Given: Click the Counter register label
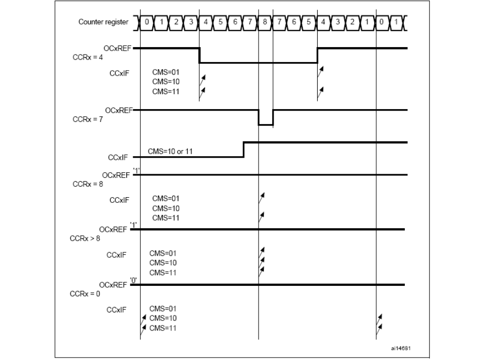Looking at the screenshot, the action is click(x=103, y=22).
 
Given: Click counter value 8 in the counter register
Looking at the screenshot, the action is click(x=265, y=22).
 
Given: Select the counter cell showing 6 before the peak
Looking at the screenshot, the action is click(x=235, y=22).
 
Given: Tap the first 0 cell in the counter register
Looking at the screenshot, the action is click(x=147, y=22).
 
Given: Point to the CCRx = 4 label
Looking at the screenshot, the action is click(x=88, y=57).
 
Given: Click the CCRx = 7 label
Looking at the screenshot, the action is click(x=88, y=119).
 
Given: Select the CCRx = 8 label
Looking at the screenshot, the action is click(x=88, y=184).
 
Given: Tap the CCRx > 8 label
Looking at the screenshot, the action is click(x=85, y=238).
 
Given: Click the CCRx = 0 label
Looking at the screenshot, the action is click(x=85, y=294).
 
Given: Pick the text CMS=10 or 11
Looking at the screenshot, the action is click(x=170, y=151).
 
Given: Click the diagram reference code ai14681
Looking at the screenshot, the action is click(x=400, y=348).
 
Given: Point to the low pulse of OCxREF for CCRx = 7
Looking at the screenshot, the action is click(x=266, y=125).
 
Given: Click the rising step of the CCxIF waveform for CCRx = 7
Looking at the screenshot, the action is click(x=244, y=150).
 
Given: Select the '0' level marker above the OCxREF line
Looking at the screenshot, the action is click(x=133, y=280).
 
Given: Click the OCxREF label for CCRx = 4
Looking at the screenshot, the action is click(x=117, y=49).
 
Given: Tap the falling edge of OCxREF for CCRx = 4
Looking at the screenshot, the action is click(x=199, y=56).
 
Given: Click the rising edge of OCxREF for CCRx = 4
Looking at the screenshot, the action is click(x=317, y=56).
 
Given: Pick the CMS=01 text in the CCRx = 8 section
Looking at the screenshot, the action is click(x=166, y=199).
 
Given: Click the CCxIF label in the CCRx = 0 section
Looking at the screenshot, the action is click(x=116, y=310).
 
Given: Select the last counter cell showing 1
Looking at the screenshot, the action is click(x=396, y=22).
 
